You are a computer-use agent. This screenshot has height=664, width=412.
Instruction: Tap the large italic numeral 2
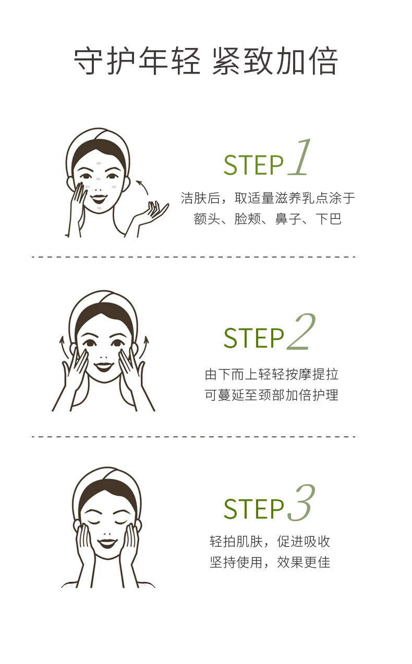pyautogui.click(x=301, y=331)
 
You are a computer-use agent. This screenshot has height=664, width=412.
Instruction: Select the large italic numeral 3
pyautogui.click(x=301, y=503)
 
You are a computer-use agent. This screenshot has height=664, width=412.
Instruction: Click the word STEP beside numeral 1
pyautogui.click(x=253, y=165)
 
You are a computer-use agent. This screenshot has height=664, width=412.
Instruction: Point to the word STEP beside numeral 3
pyautogui.click(x=253, y=509)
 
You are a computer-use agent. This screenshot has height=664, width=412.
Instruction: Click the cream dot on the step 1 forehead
pyautogui.click(x=99, y=164)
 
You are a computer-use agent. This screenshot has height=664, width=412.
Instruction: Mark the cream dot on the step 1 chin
pyautogui.click(x=100, y=208)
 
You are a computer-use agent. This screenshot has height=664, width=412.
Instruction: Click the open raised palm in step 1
pyautogui.click(x=154, y=211)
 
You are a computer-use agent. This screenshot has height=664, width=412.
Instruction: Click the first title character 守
pyautogui.click(x=88, y=61)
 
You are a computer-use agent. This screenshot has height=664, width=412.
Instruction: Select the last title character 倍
pyautogui.click(x=323, y=61)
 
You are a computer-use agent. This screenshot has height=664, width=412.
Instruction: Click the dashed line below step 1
pyautogui.click(x=193, y=257)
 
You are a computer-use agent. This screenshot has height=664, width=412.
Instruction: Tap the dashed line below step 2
pyautogui.click(x=193, y=437)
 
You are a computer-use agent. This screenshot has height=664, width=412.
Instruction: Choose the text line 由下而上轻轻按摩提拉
pyautogui.click(x=271, y=374)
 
